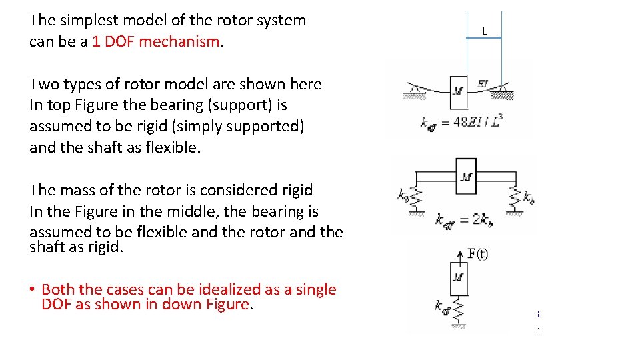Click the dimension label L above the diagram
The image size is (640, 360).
(x=484, y=31)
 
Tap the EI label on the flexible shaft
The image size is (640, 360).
(x=483, y=83)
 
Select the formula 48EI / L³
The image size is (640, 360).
(x=477, y=122)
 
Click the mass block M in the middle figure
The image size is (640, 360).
(x=466, y=177)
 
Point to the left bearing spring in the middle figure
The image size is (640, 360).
(x=416, y=196)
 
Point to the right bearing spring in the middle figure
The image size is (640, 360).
(x=515, y=196)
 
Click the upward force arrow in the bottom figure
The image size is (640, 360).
(x=459, y=257)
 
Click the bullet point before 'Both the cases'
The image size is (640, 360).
(x=32, y=290)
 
